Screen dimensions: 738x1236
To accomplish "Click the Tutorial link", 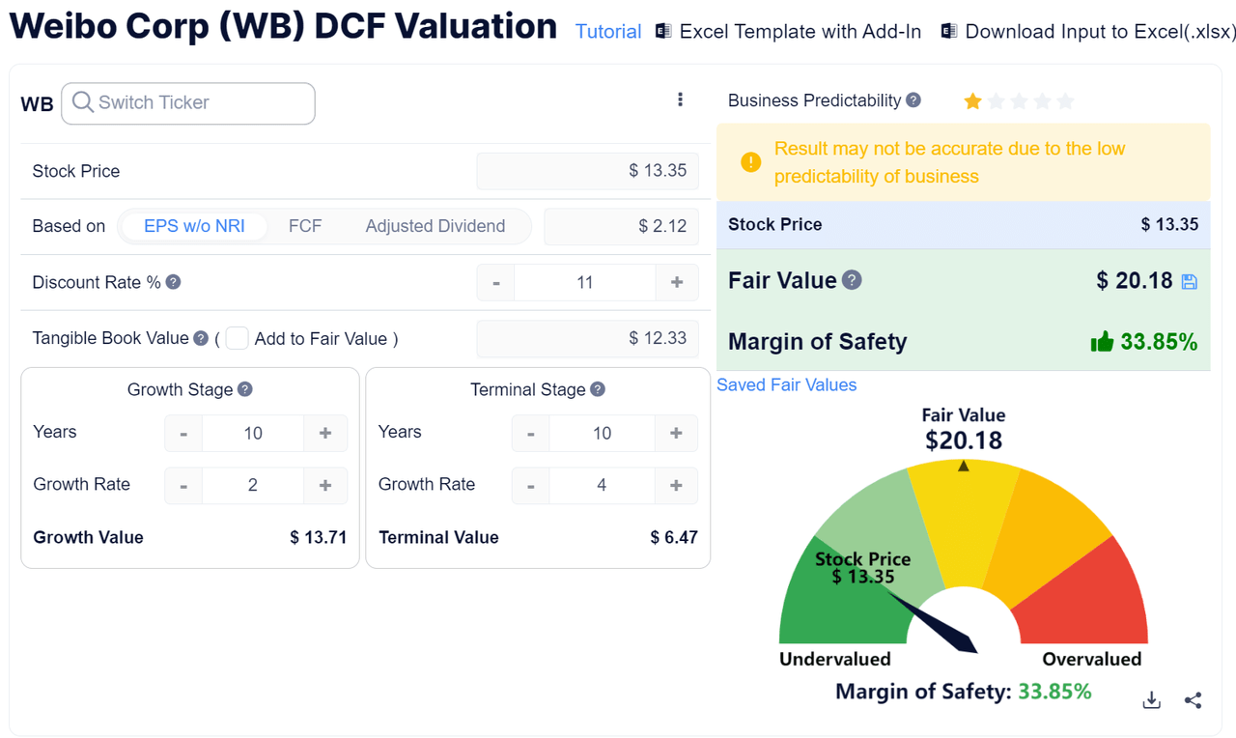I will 608,32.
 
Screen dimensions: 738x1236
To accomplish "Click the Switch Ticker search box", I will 188,103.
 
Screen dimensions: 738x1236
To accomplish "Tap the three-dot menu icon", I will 680,99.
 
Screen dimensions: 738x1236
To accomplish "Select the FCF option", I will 305,226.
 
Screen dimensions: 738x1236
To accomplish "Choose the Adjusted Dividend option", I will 435,226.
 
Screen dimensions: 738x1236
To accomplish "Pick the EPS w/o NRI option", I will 194,226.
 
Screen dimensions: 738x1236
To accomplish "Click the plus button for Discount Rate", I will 677,282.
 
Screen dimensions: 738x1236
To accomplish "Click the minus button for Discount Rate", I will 496,282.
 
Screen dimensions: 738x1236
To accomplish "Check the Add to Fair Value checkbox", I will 237,338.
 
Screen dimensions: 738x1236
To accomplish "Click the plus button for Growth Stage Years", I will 325,433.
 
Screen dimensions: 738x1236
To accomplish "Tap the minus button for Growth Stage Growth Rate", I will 183,485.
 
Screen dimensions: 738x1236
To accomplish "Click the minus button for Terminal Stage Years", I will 530,433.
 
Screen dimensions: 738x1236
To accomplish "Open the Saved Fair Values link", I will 786,384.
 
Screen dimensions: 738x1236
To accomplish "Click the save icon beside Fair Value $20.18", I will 1190,281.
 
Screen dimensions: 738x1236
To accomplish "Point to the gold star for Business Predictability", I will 972,101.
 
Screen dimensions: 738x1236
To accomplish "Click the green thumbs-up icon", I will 1102,341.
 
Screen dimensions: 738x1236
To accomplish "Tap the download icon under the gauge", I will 1151,700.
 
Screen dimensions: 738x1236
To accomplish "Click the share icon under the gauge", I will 1194,700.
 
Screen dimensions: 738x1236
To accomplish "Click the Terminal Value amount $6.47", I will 674,537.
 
